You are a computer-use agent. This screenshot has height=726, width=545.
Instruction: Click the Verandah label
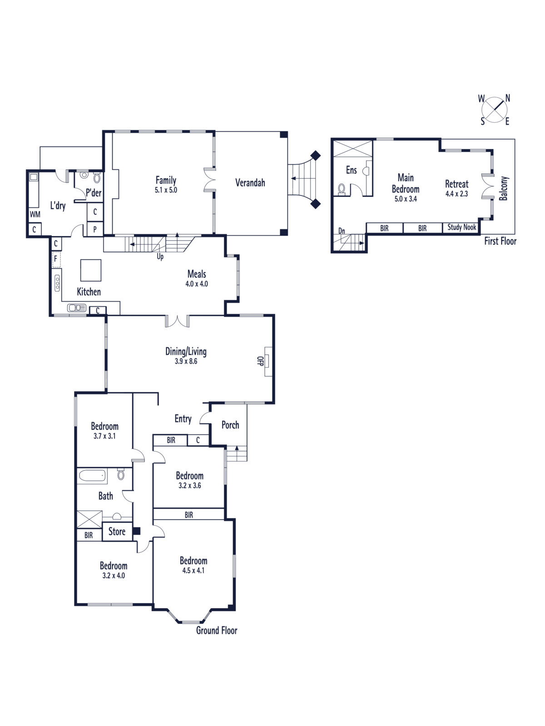(250, 182)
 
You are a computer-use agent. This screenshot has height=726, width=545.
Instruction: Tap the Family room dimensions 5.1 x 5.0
(166, 190)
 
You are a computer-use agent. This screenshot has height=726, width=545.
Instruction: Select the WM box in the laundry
(35, 214)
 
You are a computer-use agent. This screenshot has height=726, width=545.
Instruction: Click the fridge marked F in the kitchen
(56, 259)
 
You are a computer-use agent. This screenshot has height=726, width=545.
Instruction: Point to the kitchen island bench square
(91, 270)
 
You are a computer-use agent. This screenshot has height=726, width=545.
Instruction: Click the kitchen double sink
(77, 308)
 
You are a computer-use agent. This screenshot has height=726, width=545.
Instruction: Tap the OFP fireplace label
(260, 361)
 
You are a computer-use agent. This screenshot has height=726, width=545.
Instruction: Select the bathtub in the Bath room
(93, 476)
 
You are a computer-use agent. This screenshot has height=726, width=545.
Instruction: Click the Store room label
(117, 531)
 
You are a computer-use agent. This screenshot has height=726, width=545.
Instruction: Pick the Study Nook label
(461, 227)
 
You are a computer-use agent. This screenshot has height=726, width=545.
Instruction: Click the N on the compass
(508, 98)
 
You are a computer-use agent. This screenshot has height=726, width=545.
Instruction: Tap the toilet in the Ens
(342, 189)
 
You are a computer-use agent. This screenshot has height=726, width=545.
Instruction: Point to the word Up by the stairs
(160, 257)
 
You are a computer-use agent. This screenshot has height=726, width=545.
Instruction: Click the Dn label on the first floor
(342, 231)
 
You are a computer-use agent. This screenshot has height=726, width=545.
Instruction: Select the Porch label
(230, 425)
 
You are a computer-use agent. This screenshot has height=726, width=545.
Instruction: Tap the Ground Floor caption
(217, 630)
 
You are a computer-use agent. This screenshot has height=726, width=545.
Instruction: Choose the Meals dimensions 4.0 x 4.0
(197, 284)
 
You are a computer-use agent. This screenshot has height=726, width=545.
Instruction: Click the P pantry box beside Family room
(95, 230)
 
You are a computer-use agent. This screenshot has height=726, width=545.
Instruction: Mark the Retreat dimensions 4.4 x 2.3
(456, 194)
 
